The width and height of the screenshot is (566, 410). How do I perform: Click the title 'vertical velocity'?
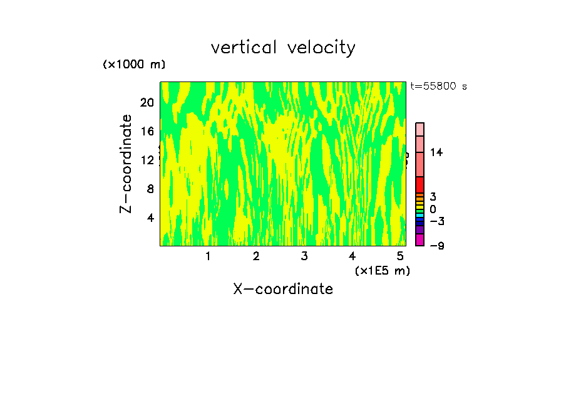(x=283, y=48)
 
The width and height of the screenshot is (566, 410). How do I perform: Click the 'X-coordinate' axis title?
(x=283, y=289)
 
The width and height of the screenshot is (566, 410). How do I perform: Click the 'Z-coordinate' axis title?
(x=126, y=164)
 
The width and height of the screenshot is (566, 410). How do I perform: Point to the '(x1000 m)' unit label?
(x=134, y=65)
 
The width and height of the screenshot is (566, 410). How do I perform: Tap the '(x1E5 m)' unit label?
(x=382, y=270)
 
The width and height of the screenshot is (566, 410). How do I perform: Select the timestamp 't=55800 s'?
(x=438, y=87)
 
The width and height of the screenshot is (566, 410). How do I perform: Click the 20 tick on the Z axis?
(x=147, y=102)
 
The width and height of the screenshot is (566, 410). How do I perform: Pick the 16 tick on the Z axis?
(x=147, y=131)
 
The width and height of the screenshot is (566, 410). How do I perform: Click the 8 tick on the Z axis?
(x=150, y=189)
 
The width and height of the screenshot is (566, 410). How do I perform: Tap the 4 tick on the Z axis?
(x=150, y=218)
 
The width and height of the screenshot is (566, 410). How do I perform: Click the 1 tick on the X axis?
(x=208, y=256)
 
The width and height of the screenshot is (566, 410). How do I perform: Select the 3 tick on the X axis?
(x=304, y=256)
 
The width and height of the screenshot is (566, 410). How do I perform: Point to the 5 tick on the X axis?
(x=401, y=256)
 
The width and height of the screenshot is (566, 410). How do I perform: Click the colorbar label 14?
(x=436, y=152)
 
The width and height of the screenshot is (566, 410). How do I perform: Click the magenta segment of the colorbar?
(x=420, y=239)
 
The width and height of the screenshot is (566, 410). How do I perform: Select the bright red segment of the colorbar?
(x=420, y=184)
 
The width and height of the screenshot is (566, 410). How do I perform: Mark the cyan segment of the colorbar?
(x=420, y=216)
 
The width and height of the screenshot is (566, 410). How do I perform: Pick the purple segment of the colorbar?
(x=420, y=230)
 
